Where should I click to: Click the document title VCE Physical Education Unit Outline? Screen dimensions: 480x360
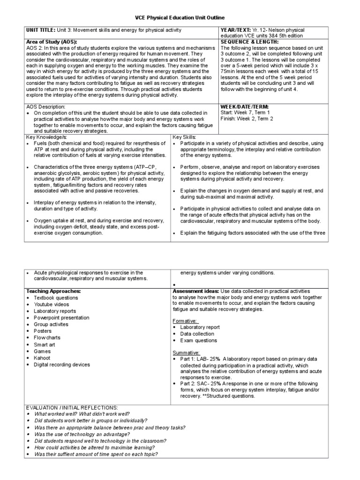click(x=180, y=17)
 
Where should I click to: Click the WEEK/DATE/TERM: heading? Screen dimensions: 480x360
click(x=244, y=107)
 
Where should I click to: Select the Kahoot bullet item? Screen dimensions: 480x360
click(x=42, y=358)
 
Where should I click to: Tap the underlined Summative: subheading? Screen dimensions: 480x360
click(x=186, y=352)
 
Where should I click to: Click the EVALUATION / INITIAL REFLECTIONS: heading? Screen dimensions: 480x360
click(x=72, y=408)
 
